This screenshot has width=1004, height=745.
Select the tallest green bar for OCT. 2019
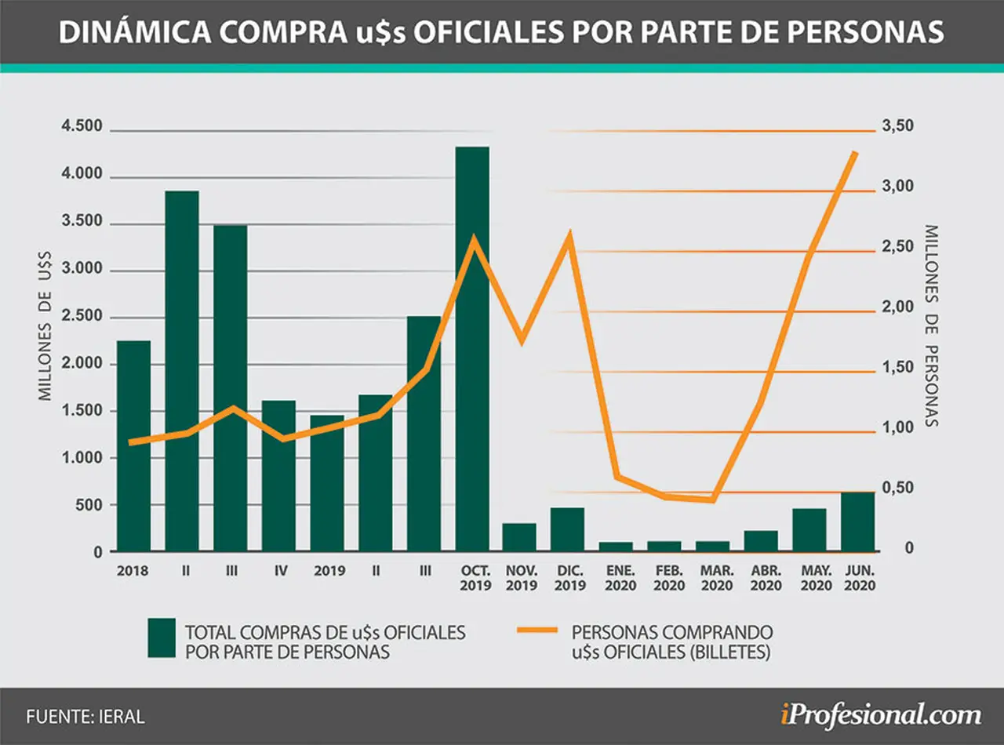(x=472, y=349)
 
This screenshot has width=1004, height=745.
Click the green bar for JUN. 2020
(x=858, y=521)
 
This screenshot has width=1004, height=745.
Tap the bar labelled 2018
(x=133, y=445)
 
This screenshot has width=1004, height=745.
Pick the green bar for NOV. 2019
(x=519, y=537)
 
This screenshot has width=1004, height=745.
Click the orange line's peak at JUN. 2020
(x=855, y=153)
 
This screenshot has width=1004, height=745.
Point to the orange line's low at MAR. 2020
(x=713, y=500)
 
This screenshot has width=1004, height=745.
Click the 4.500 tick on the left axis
(x=82, y=126)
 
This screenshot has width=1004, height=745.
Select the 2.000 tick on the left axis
(x=82, y=363)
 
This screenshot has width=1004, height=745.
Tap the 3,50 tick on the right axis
(x=897, y=125)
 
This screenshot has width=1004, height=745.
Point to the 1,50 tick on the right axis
(x=897, y=367)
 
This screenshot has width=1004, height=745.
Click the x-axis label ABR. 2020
(x=766, y=578)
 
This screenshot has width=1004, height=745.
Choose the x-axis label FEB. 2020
(x=669, y=578)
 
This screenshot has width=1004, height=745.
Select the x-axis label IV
(x=281, y=571)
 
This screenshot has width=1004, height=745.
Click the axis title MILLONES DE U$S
(x=45, y=326)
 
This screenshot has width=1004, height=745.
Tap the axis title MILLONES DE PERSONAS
(x=931, y=326)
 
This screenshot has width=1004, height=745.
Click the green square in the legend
(x=162, y=638)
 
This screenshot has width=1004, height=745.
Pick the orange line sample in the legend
(x=537, y=630)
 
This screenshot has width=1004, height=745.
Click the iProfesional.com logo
(x=881, y=715)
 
